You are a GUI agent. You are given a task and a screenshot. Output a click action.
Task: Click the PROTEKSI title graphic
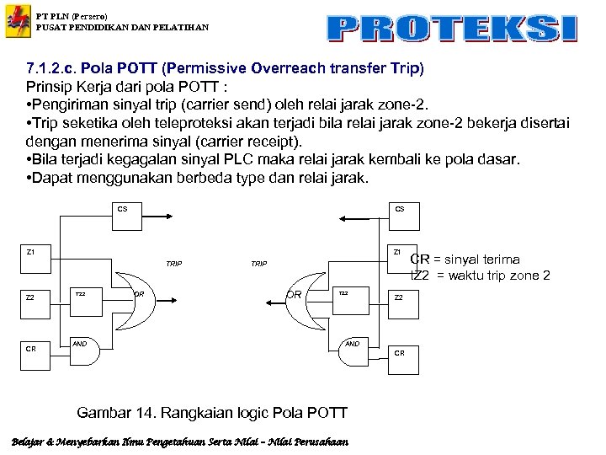point(453,28)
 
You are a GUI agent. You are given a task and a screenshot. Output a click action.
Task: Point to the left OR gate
point(140,294)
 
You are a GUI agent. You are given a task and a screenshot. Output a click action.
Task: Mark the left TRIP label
point(173,264)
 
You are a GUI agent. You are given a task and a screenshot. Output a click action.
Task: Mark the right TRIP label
point(258,264)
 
